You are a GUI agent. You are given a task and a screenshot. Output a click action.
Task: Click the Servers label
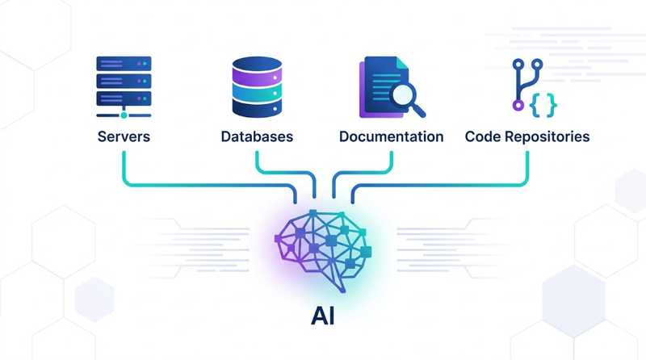(123, 136)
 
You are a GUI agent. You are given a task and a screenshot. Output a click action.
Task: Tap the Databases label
(257, 136)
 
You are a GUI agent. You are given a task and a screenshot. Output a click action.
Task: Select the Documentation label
(392, 136)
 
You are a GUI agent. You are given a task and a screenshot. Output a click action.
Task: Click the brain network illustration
(323, 246)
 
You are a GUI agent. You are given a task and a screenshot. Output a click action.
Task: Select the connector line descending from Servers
(123, 165)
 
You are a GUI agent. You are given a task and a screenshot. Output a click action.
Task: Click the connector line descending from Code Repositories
(527, 165)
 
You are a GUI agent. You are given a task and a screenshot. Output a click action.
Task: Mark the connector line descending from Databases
(257, 161)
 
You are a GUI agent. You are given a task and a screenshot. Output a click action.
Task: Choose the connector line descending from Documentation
(392, 161)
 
